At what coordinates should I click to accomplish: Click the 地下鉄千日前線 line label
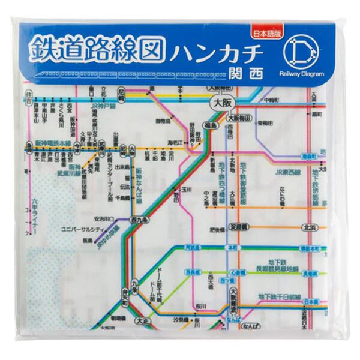279,296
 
